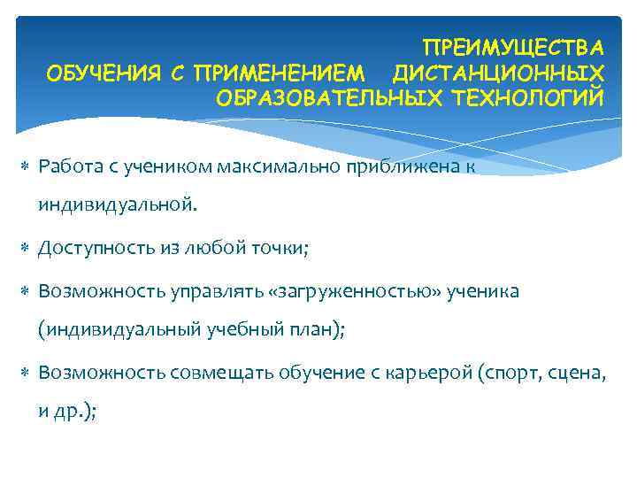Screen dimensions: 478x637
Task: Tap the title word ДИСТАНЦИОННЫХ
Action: tap(499, 70)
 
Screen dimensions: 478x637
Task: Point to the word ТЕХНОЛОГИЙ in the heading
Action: tap(527, 95)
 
